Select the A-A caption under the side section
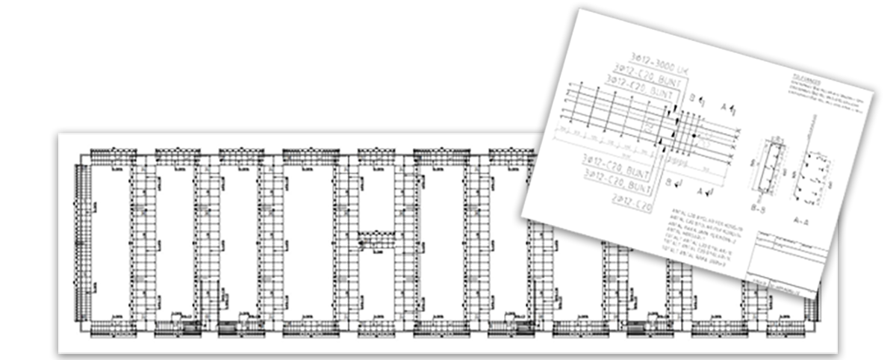pyautogui.click(x=801, y=221)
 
